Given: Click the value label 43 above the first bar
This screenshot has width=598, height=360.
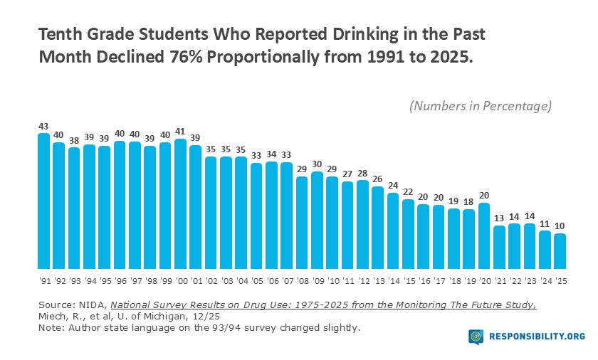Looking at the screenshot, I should [43, 126].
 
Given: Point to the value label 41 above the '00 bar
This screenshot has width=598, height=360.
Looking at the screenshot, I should [181, 132].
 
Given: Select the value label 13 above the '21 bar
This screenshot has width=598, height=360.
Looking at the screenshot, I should [498, 218].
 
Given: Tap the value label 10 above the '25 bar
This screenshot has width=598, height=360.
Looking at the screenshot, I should [560, 226].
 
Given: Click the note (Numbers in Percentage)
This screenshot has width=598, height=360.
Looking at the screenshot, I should [481, 106].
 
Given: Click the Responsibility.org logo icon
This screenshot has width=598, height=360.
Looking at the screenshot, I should [476, 337].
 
